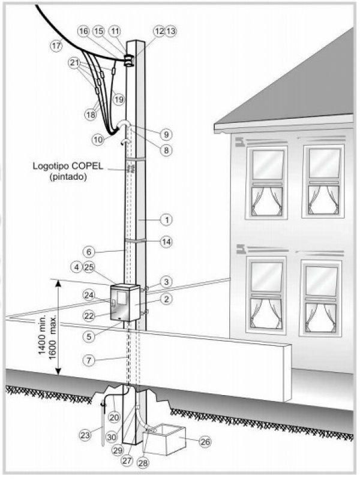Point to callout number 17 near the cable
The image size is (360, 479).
click(56, 46)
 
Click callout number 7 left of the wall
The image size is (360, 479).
click(89, 361)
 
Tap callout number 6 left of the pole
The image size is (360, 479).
click(89, 252)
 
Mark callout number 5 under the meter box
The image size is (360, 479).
click(89, 337)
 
